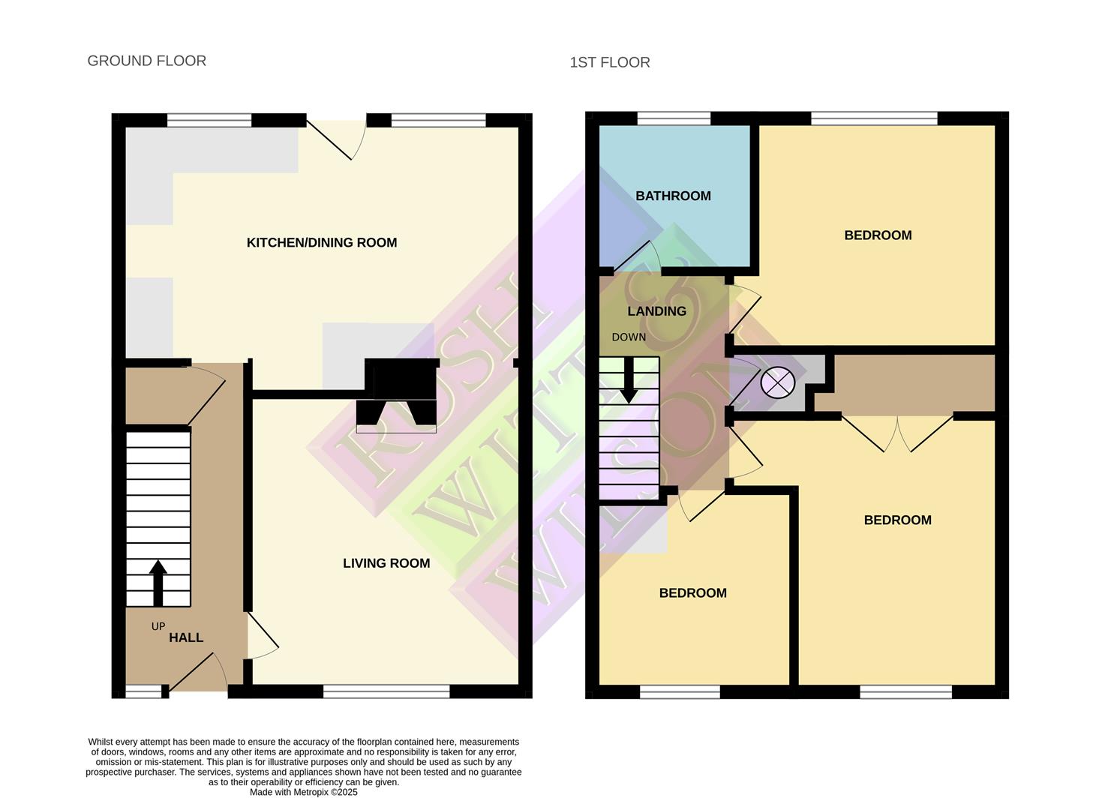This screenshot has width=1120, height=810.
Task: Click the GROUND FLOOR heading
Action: [146, 61]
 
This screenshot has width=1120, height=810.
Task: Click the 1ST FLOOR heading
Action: [609, 62]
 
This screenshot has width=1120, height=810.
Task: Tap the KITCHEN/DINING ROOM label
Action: [321, 242]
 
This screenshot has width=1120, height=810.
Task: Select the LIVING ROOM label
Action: [386, 563]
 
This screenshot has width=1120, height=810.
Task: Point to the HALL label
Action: [186, 637]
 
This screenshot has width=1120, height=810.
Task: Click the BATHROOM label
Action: [673, 196]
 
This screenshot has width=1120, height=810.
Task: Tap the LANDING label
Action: [656, 311]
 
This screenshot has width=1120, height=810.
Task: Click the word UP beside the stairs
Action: [158, 626]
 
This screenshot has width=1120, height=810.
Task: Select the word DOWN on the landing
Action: [629, 337]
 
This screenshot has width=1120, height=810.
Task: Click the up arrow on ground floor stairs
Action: [158, 582]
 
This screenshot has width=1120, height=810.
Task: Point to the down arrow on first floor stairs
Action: [629, 381]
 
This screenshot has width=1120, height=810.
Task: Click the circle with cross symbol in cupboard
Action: [777, 382]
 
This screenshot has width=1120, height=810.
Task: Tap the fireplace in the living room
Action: [397, 397]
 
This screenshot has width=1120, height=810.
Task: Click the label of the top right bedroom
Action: [878, 235]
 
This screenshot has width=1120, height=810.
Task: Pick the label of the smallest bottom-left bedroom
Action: [692, 593]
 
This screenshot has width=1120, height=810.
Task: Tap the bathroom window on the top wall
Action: [673, 119]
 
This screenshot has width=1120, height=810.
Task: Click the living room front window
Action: [386, 691]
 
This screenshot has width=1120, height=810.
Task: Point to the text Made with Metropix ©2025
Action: [304, 792]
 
